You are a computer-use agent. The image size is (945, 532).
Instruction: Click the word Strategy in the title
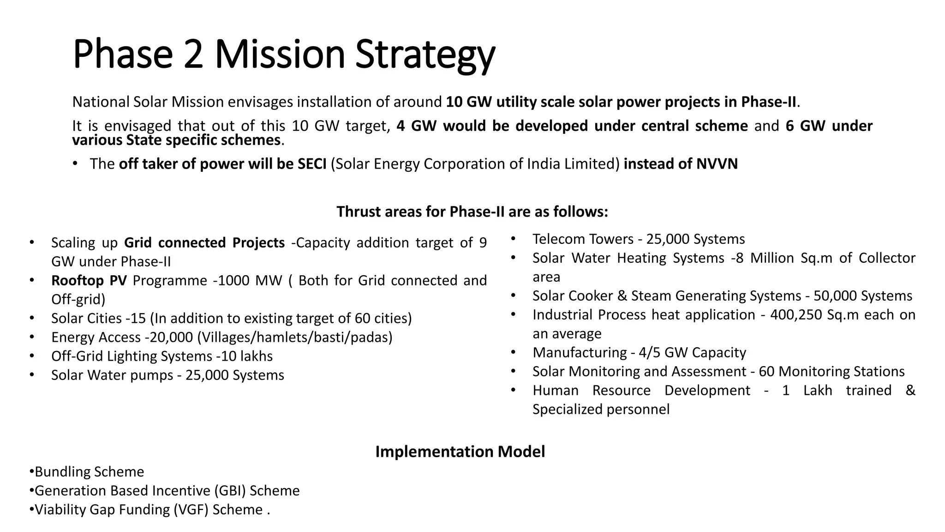tap(425, 55)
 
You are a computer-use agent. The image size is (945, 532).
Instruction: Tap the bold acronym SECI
tap(312, 164)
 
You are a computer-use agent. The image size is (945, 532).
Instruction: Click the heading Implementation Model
tap(460, 452)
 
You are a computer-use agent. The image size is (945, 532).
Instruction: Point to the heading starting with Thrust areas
tap(472, 212)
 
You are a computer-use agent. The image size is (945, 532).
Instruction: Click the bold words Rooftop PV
tap(89, 281)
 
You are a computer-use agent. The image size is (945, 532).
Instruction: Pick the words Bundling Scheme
tap(90, 472)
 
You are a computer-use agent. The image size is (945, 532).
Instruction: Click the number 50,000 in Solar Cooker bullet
tap(835, 296)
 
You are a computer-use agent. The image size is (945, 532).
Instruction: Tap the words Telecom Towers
tap(583, 239)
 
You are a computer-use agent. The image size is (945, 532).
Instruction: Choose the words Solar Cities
tap(86, 319)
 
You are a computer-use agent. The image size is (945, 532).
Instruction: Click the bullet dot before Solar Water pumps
tap(31, 375)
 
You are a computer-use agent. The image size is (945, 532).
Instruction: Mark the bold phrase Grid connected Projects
tap(204, 243)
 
